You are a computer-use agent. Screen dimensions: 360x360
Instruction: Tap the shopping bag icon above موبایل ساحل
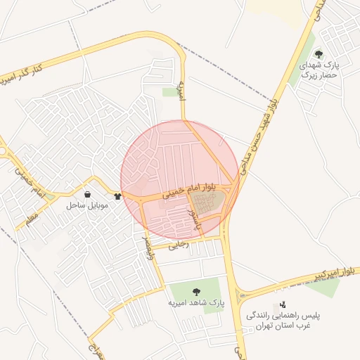point(86,195)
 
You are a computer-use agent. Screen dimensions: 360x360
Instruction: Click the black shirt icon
point(117,196)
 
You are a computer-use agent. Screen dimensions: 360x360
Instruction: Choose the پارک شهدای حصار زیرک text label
point(319,69)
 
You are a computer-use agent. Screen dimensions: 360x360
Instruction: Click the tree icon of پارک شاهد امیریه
point(195,292)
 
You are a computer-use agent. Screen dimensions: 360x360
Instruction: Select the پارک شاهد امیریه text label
point(195,304)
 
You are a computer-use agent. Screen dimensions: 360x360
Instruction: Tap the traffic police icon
point(283,304)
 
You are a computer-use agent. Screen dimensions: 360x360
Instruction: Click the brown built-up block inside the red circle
point(208,204)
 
